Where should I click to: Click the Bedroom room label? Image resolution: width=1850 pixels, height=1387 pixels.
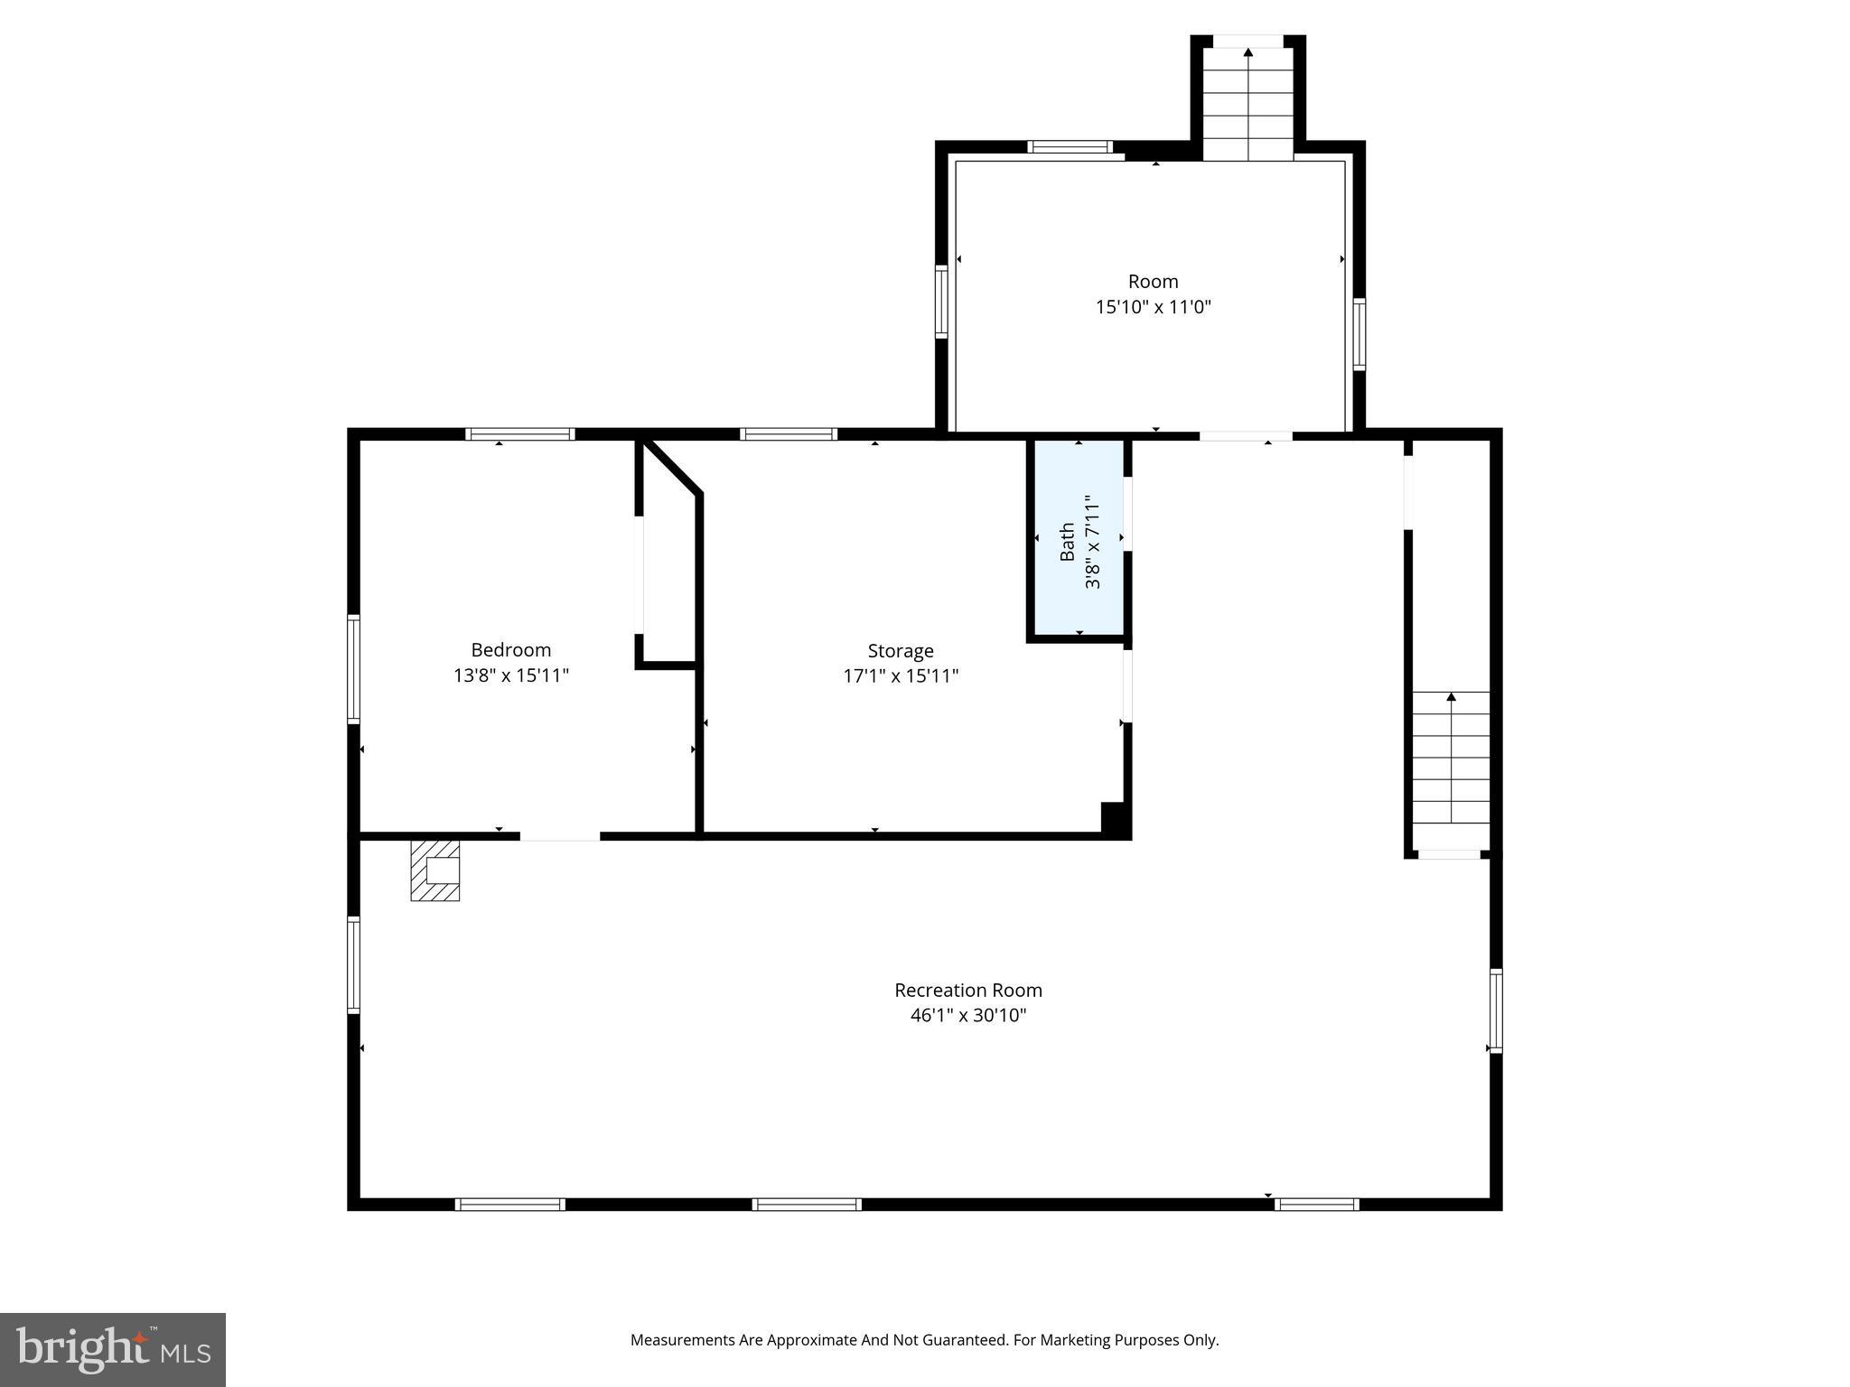pos(510,650)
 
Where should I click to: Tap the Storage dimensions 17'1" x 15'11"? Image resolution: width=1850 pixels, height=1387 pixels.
pos(901,675)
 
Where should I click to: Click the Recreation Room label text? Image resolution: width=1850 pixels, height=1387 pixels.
pos(967,990)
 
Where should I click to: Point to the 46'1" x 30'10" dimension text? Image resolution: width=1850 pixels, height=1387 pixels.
pos(967,1015)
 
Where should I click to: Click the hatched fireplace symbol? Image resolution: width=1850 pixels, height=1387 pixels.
pos(435,870)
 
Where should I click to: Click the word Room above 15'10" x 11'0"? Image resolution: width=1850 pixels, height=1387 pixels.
pos(1153,282)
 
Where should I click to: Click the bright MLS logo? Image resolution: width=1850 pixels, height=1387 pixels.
pos(113,1349)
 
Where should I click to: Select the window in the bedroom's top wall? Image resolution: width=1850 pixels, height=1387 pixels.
pos(520,434)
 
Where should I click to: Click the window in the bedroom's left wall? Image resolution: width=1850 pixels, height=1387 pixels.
pos(354,669)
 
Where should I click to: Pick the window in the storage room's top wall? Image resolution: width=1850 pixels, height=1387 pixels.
pos(788,434)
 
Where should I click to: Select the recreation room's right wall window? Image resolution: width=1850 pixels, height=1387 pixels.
pos(1495,1010)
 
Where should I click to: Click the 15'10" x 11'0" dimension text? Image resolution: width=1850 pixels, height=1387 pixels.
pos(1153,307)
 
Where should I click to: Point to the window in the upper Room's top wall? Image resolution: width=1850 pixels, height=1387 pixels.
pos(1070,147)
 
